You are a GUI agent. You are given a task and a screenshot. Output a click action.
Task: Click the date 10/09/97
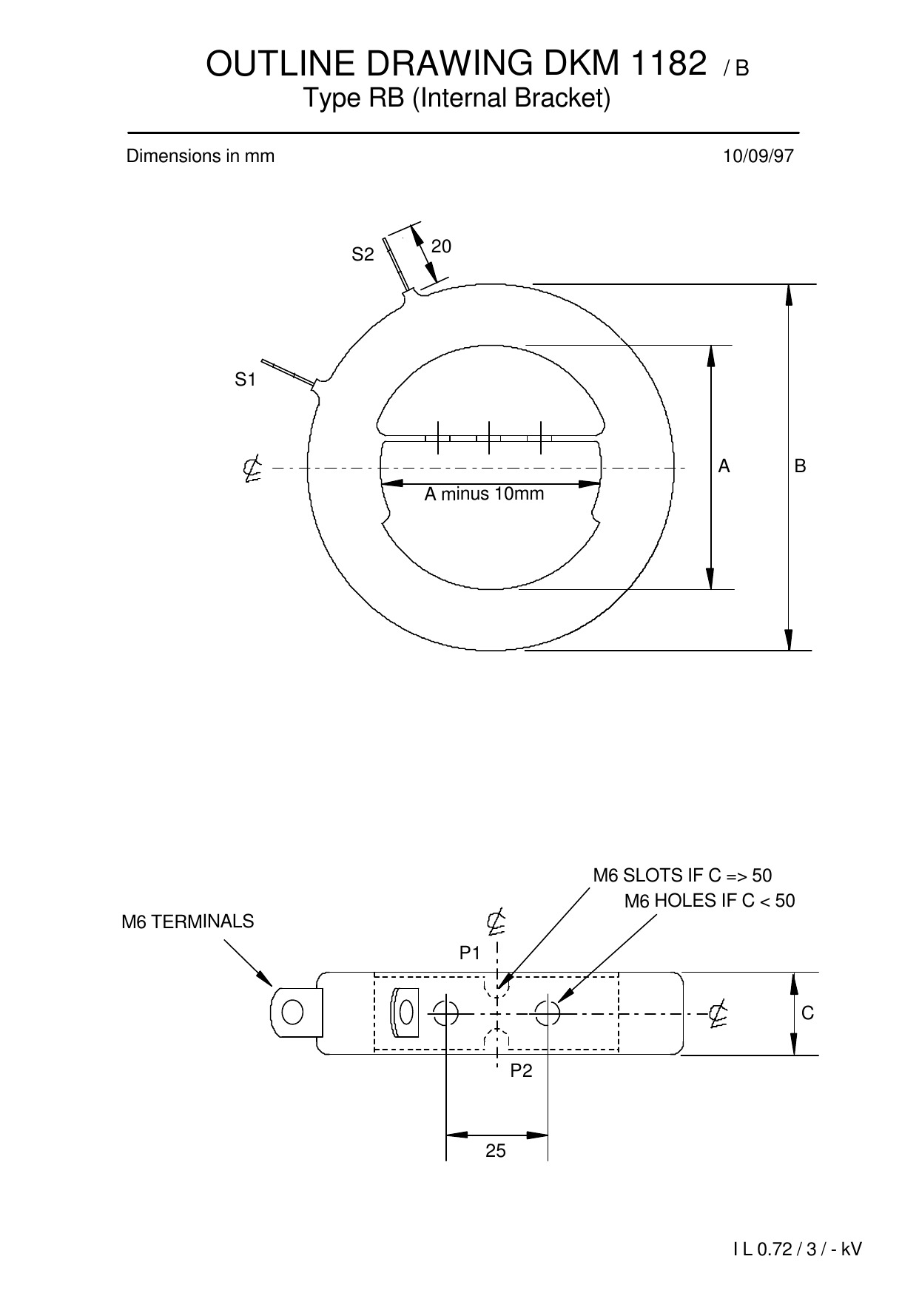758,156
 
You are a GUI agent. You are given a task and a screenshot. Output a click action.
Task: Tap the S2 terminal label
363,255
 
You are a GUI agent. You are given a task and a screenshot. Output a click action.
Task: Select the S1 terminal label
245,380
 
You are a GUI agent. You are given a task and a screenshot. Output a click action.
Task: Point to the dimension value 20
441,246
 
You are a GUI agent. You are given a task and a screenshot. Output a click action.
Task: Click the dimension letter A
724,466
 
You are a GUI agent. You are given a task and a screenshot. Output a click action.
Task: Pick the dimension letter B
800,466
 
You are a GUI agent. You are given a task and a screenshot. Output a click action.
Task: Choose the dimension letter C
807,1013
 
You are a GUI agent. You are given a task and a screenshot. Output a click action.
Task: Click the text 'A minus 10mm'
484,494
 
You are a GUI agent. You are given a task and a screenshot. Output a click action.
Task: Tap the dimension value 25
496,1150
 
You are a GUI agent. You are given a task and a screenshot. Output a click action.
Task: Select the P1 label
470,953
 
